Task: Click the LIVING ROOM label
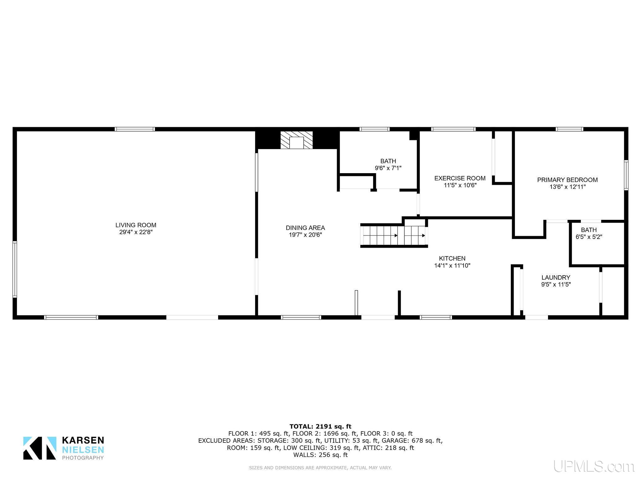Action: [136, 225]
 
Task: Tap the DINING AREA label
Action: [305, 228]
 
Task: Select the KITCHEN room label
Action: [452, 258]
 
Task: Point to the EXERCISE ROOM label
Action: [460, 178]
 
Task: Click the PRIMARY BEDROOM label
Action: [567, 180]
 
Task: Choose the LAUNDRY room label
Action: [556, 277]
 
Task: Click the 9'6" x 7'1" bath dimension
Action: [388, 168]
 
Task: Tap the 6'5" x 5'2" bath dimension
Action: [589, 237]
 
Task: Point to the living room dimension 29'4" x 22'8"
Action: [136, 232]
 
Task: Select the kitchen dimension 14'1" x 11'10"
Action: [452, 266]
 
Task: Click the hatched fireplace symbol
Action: [296, 140]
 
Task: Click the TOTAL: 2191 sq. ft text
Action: [320, 427]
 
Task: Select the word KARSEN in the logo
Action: [83, 440]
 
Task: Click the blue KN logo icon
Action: [40, 448]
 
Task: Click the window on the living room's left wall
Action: [15, 269]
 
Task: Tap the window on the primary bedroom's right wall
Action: [626, 175]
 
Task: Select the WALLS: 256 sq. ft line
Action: [320, 455]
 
